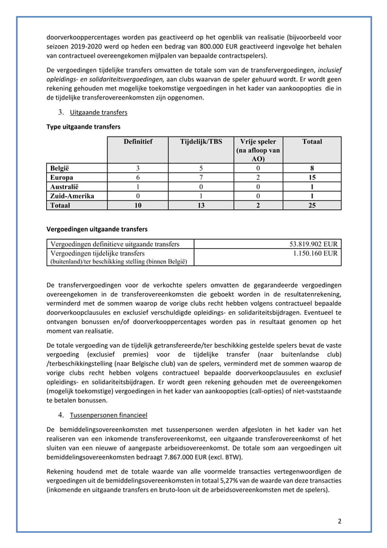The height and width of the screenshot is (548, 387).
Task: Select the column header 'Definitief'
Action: coord(138,141)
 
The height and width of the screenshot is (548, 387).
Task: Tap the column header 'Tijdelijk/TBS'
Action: coord(201,141)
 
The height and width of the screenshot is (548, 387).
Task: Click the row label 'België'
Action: coord(59,168)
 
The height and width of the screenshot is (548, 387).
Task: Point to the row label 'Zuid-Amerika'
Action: coord(69,196)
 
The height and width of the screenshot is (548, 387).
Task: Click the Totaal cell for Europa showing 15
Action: coord(312,178)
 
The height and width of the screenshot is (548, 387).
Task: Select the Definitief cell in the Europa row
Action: coord(138,178)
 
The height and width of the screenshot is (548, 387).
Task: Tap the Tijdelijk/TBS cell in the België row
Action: coord(201,168)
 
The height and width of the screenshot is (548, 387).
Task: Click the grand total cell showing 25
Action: coord(312,206)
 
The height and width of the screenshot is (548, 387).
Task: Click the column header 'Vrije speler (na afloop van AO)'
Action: coord(257,150)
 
